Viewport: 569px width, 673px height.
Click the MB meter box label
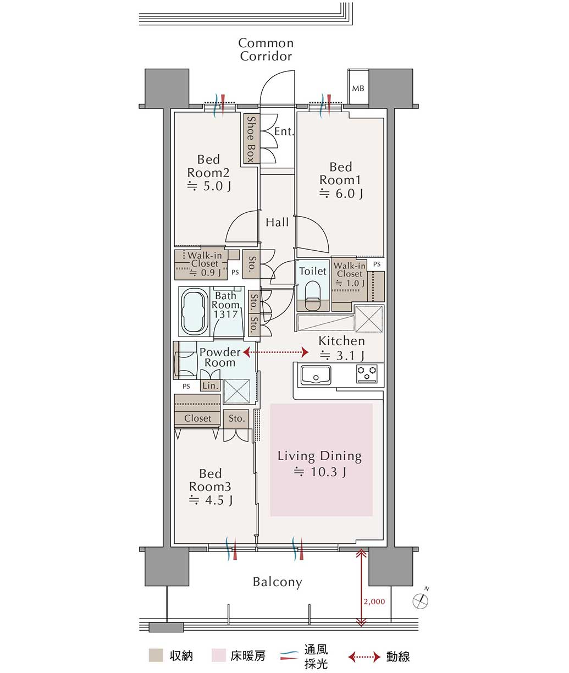(358, 88)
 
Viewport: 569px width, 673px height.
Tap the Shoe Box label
(251, 139)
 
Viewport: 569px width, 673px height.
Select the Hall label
(277, 222)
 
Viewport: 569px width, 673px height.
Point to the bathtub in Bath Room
(195, 311)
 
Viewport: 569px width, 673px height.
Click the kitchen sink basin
(316, 375)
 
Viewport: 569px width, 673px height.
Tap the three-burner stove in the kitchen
(367, 373)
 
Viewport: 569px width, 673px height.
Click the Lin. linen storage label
(210, 386)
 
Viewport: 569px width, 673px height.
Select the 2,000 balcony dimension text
(374, 602)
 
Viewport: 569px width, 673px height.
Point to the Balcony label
(277, 582)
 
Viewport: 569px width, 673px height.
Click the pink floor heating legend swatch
(218, 655)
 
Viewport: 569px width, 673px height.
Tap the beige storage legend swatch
(156, 655)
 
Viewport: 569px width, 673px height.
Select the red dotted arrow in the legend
(364, 657)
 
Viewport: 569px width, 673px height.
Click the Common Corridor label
(266, 49)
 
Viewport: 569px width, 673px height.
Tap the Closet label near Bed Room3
(197, 418)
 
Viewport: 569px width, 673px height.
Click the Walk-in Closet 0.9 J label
(205, 264)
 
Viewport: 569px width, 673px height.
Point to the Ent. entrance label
(284, 131)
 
